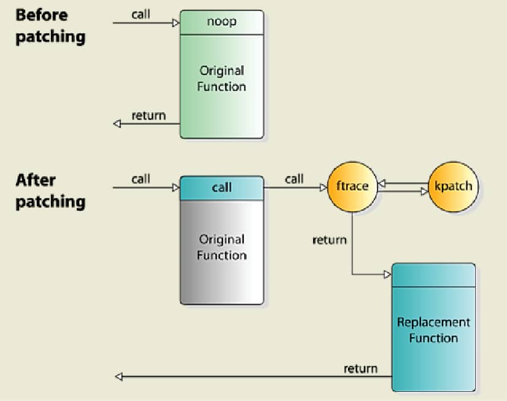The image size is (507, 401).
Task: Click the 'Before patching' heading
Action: point(50,25)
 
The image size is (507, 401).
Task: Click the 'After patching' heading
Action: point(50,191)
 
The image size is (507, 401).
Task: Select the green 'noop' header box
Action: point(222,22)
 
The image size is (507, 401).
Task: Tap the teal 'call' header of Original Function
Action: point(222,187)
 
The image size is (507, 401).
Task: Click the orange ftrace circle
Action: point(352,186)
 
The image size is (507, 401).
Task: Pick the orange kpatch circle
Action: point(453,186)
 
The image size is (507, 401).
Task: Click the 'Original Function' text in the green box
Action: point(222,79)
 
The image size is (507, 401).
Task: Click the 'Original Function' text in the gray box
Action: point(222,247)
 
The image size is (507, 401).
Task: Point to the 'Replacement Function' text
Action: point(433,330)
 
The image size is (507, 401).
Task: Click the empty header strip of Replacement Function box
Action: point(433,275)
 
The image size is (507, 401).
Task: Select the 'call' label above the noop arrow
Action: point(141,14)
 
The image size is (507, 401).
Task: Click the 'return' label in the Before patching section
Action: point(149,115)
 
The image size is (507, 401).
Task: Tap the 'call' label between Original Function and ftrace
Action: point(294,179)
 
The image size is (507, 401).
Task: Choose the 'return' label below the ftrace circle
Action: point(330,239)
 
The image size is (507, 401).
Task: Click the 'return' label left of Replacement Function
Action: point(360,368)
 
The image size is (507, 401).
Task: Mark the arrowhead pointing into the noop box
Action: point(176,23)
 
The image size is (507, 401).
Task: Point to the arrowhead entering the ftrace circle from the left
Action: point(323,188)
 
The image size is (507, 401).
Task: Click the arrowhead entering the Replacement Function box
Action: point(387,274)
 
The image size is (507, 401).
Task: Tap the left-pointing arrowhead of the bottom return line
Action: point(118,376)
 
